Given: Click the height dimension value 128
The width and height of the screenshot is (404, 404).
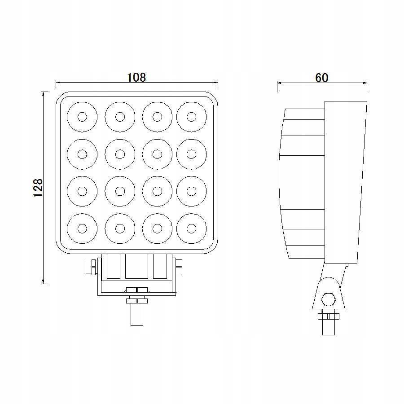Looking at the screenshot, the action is [38, 188].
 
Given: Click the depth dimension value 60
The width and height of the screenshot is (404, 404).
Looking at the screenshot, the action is [322, 77].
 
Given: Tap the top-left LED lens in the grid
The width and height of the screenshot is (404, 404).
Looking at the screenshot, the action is [82, 117].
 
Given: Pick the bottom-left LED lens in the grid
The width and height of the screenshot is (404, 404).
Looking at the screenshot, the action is [82, 228].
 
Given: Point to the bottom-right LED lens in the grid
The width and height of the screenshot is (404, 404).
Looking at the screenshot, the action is [192, 228].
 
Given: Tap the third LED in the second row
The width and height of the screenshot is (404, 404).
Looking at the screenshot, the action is [157, 154].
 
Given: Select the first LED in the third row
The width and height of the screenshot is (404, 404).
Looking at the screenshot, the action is [82, 191].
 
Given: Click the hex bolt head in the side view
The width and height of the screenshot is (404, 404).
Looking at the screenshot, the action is [328, 298].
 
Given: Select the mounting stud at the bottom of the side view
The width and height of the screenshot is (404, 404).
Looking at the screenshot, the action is [328, 327].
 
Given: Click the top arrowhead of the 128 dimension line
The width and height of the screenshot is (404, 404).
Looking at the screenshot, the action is [43, 94].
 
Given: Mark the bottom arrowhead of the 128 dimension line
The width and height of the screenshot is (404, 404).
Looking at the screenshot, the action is [43, 281].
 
